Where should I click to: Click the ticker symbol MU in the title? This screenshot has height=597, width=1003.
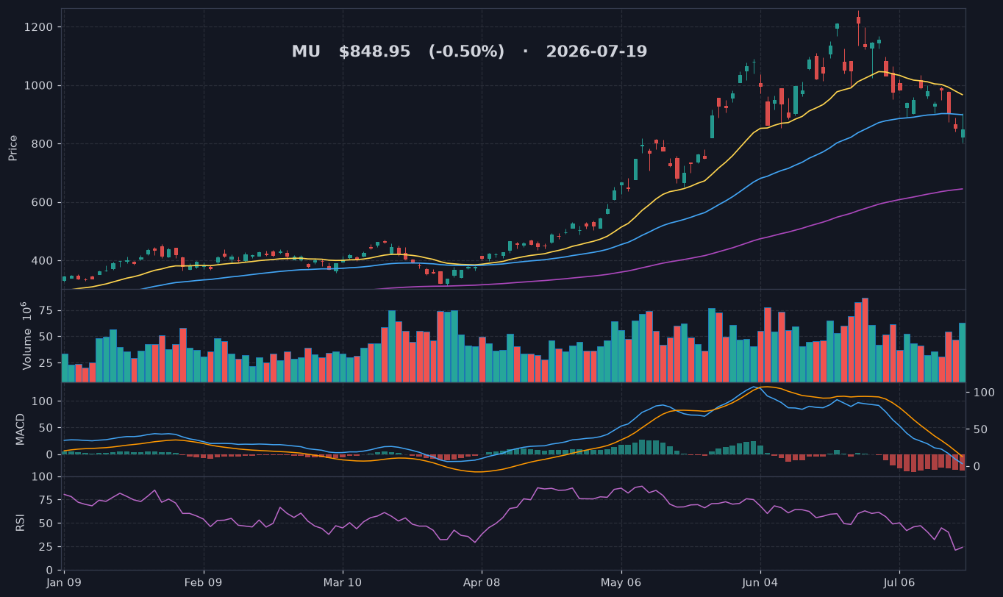click(x=306, y=51)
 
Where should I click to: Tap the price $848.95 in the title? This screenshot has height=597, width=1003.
click(x=374, y=51)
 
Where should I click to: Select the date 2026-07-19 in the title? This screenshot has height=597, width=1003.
click(x=596, y=51)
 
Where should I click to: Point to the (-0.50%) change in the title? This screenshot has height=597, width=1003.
click(x=466, y=51)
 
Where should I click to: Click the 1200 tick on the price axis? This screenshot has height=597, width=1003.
click(x=38, y=27)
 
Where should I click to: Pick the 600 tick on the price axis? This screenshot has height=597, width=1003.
click(x=42, y=202)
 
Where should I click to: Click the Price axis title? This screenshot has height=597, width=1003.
click(x=13, y=148)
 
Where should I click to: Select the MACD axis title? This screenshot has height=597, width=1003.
click(x=20, y=429)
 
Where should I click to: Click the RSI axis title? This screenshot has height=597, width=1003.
click(x=20, y=523)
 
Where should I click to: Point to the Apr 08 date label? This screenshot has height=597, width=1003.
click(x=482, y=583)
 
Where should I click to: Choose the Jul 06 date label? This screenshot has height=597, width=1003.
click(x=899, y=583)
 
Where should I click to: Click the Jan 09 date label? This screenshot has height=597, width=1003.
click(x=64, y=583)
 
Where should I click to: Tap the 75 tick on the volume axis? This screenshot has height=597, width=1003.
click(x=46, y=311)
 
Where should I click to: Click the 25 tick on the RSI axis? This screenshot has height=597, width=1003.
click(x=46, y=547)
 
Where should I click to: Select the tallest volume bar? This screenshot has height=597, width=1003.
click(x=865, y=340)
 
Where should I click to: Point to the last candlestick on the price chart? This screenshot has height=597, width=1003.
click(x=963, y=134)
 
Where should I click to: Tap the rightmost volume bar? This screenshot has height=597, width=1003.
click(x=963, y=352)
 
